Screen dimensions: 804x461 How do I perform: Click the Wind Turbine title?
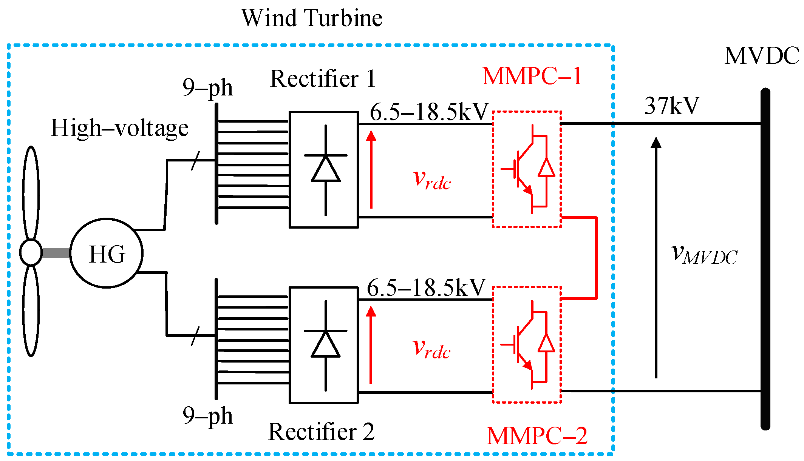(312, 18)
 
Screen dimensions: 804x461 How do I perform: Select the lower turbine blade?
(31, 310)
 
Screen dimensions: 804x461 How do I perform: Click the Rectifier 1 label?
(323, 79)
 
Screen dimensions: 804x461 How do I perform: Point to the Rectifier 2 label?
(322, 432)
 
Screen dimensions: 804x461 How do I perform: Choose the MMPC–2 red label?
(537, 436)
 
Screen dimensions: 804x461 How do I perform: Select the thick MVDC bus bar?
(765, 259)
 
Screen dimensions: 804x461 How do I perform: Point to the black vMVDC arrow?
(656, 257)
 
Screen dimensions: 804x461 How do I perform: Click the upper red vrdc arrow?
(371, 169)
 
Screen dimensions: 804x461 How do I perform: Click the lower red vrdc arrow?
(371, 345)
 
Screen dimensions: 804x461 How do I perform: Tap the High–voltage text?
(120, 128)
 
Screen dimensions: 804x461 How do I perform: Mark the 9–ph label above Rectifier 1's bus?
(207, 88)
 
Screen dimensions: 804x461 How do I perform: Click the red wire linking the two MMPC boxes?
(596, 258)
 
